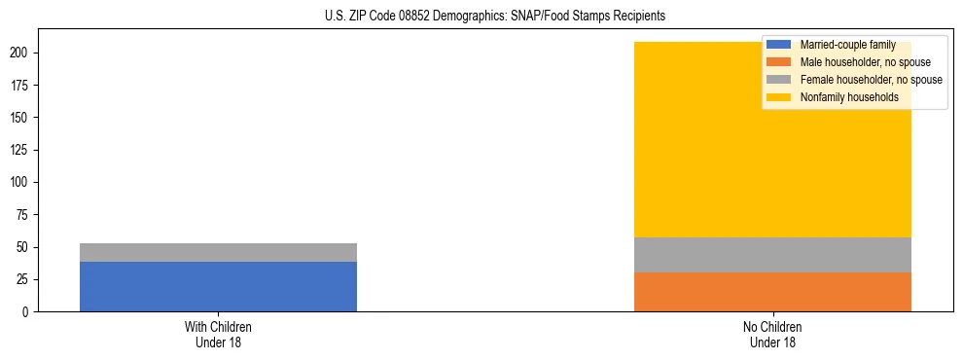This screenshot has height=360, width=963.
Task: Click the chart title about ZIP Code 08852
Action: click(x=495, y=17)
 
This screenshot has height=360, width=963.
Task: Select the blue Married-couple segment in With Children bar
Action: click(x=218, y=286)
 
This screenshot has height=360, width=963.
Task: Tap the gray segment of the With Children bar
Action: click(x=218, y=252)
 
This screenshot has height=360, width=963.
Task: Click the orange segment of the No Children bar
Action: click(x=772, y=292)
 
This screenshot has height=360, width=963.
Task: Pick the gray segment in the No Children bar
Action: click(x=772, y=255)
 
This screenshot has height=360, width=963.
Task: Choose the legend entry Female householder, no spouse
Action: click(x=871, y=80)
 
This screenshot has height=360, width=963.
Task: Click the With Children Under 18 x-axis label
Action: click(x=218, y=334)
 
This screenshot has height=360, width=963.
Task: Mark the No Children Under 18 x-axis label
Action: click(x=772, y=334)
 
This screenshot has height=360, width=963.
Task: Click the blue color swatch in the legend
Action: click(x=779, y=45)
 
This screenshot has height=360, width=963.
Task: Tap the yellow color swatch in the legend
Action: click(x=779, y=97)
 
